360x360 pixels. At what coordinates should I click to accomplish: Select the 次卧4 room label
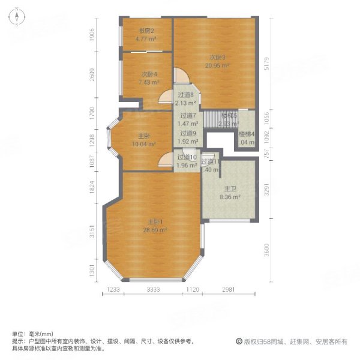tap(148, 74)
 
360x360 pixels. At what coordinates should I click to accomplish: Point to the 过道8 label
tap(186, 94)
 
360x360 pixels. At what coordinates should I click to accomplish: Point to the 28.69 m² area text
tap(154, 230)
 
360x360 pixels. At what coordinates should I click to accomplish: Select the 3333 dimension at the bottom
tap(154, 290)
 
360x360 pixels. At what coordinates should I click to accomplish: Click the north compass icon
tap(19, 17)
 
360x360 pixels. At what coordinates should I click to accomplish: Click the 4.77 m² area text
tap(146, 38)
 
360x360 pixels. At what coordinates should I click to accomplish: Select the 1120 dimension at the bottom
tap(192, 290)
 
